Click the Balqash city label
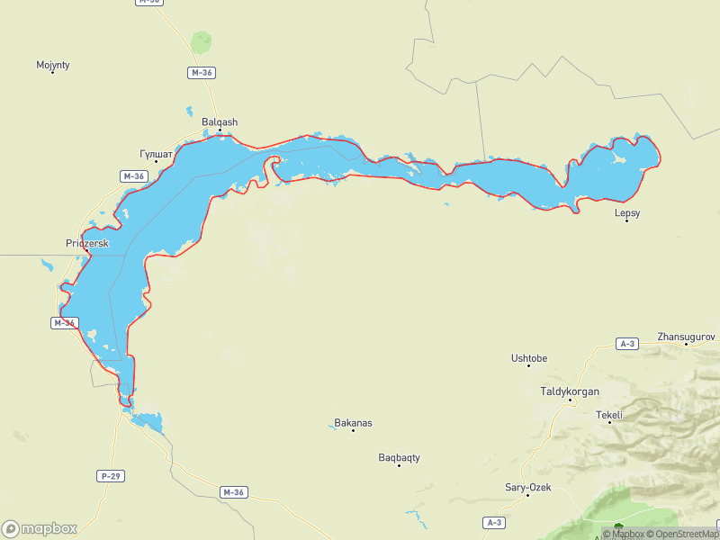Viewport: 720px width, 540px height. coord(220,121)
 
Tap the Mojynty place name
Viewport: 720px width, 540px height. coord(53,65)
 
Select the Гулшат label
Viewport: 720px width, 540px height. coord(157,154)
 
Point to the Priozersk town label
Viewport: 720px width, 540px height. coord(87,243)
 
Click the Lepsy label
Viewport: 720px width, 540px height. coord(626,212)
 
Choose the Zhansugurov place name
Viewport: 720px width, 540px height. coord(686,336)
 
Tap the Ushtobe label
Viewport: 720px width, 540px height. coord(529,358)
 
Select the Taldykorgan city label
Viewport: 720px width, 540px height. coord(570,391)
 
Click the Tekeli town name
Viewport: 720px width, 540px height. coord(609,415)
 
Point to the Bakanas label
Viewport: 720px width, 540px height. coord(353,422)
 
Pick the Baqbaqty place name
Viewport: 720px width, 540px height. coord(399,457)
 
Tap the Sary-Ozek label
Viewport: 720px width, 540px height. coord(527,487)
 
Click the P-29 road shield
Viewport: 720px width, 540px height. coord(110,475)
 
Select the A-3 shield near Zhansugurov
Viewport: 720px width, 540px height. coord(628,344)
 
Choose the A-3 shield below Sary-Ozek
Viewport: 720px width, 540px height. coord(494,522)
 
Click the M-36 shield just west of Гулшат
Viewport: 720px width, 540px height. coord(133,176)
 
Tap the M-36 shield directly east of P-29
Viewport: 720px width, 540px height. coord(233,492)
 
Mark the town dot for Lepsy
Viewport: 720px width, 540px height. coord(626,220)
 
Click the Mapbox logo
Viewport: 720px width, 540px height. coord(39,528)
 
